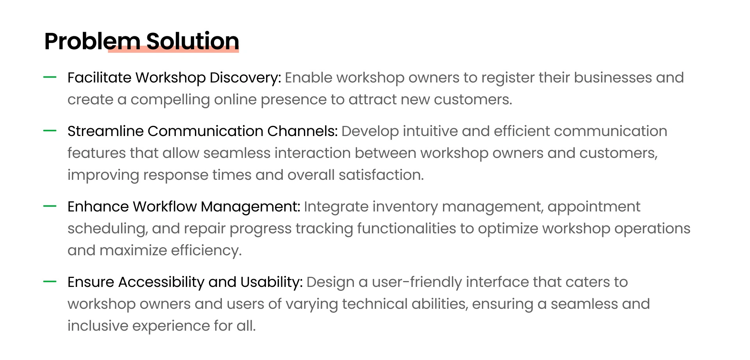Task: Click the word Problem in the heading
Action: pyautogui.click(x=92, y=41)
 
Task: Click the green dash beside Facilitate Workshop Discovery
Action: pyautogui.click(x=50, y=77)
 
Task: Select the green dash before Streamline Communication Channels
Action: pyautogui.click(x=50, y=131)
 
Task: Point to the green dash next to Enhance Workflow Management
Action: pyautogui.click(x=50, y=206)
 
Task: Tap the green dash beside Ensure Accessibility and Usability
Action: pyautogui.click(x=50, y=282)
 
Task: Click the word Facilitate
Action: pyautogui.click(x=99, y=77)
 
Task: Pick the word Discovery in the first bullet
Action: pyautogui.click(x=245, y=78)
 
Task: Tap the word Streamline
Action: pyautogui.click(x=105, y=131)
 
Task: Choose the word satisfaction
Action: pyautogui.click(x=381, y=175)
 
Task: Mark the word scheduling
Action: pyautogui.click(x=108, y=229)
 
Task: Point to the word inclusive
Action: pyautogui.click(x=98, y=326)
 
